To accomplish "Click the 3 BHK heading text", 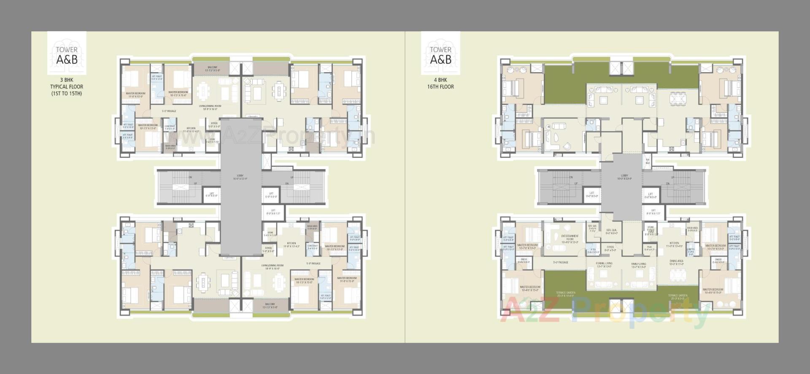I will tap(66, 80).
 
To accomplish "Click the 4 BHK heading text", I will tap(440, 80).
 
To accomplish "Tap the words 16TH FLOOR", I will tap(440, 87).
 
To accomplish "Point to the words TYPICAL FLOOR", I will tap(67, 87).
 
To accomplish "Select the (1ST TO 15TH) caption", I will tap(67, 94).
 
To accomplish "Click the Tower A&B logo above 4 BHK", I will tap(440, 53).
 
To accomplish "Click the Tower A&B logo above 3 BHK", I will tap(67, 53).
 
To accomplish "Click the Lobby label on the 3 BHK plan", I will tap(240, 177).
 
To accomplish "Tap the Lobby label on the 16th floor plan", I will tap(624, 177).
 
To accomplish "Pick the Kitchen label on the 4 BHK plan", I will tap(674, 244).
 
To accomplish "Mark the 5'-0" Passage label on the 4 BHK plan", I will tap(561, 263).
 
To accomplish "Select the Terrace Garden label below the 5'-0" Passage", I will tap(565, 294).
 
